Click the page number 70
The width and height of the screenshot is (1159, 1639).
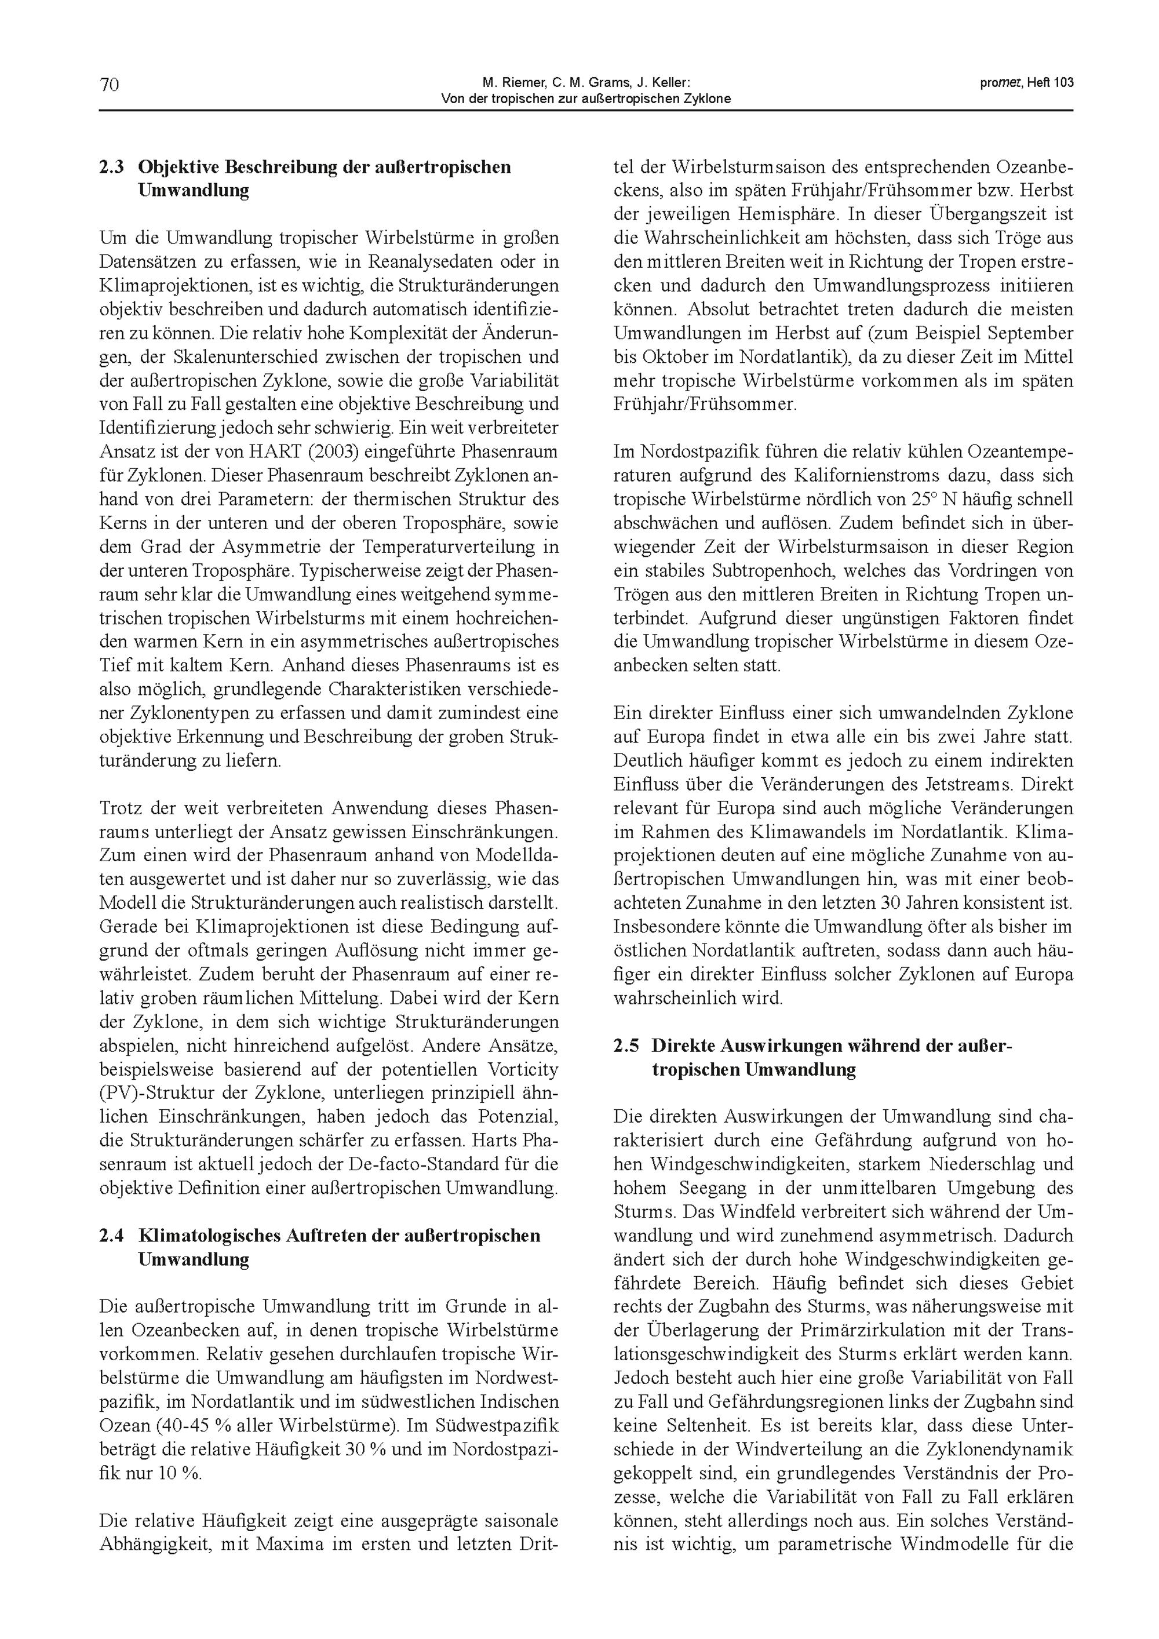[x=109, y=85]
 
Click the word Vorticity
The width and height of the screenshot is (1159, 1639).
[x=524, y=1069]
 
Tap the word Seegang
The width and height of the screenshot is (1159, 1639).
[x=691, y=1188]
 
